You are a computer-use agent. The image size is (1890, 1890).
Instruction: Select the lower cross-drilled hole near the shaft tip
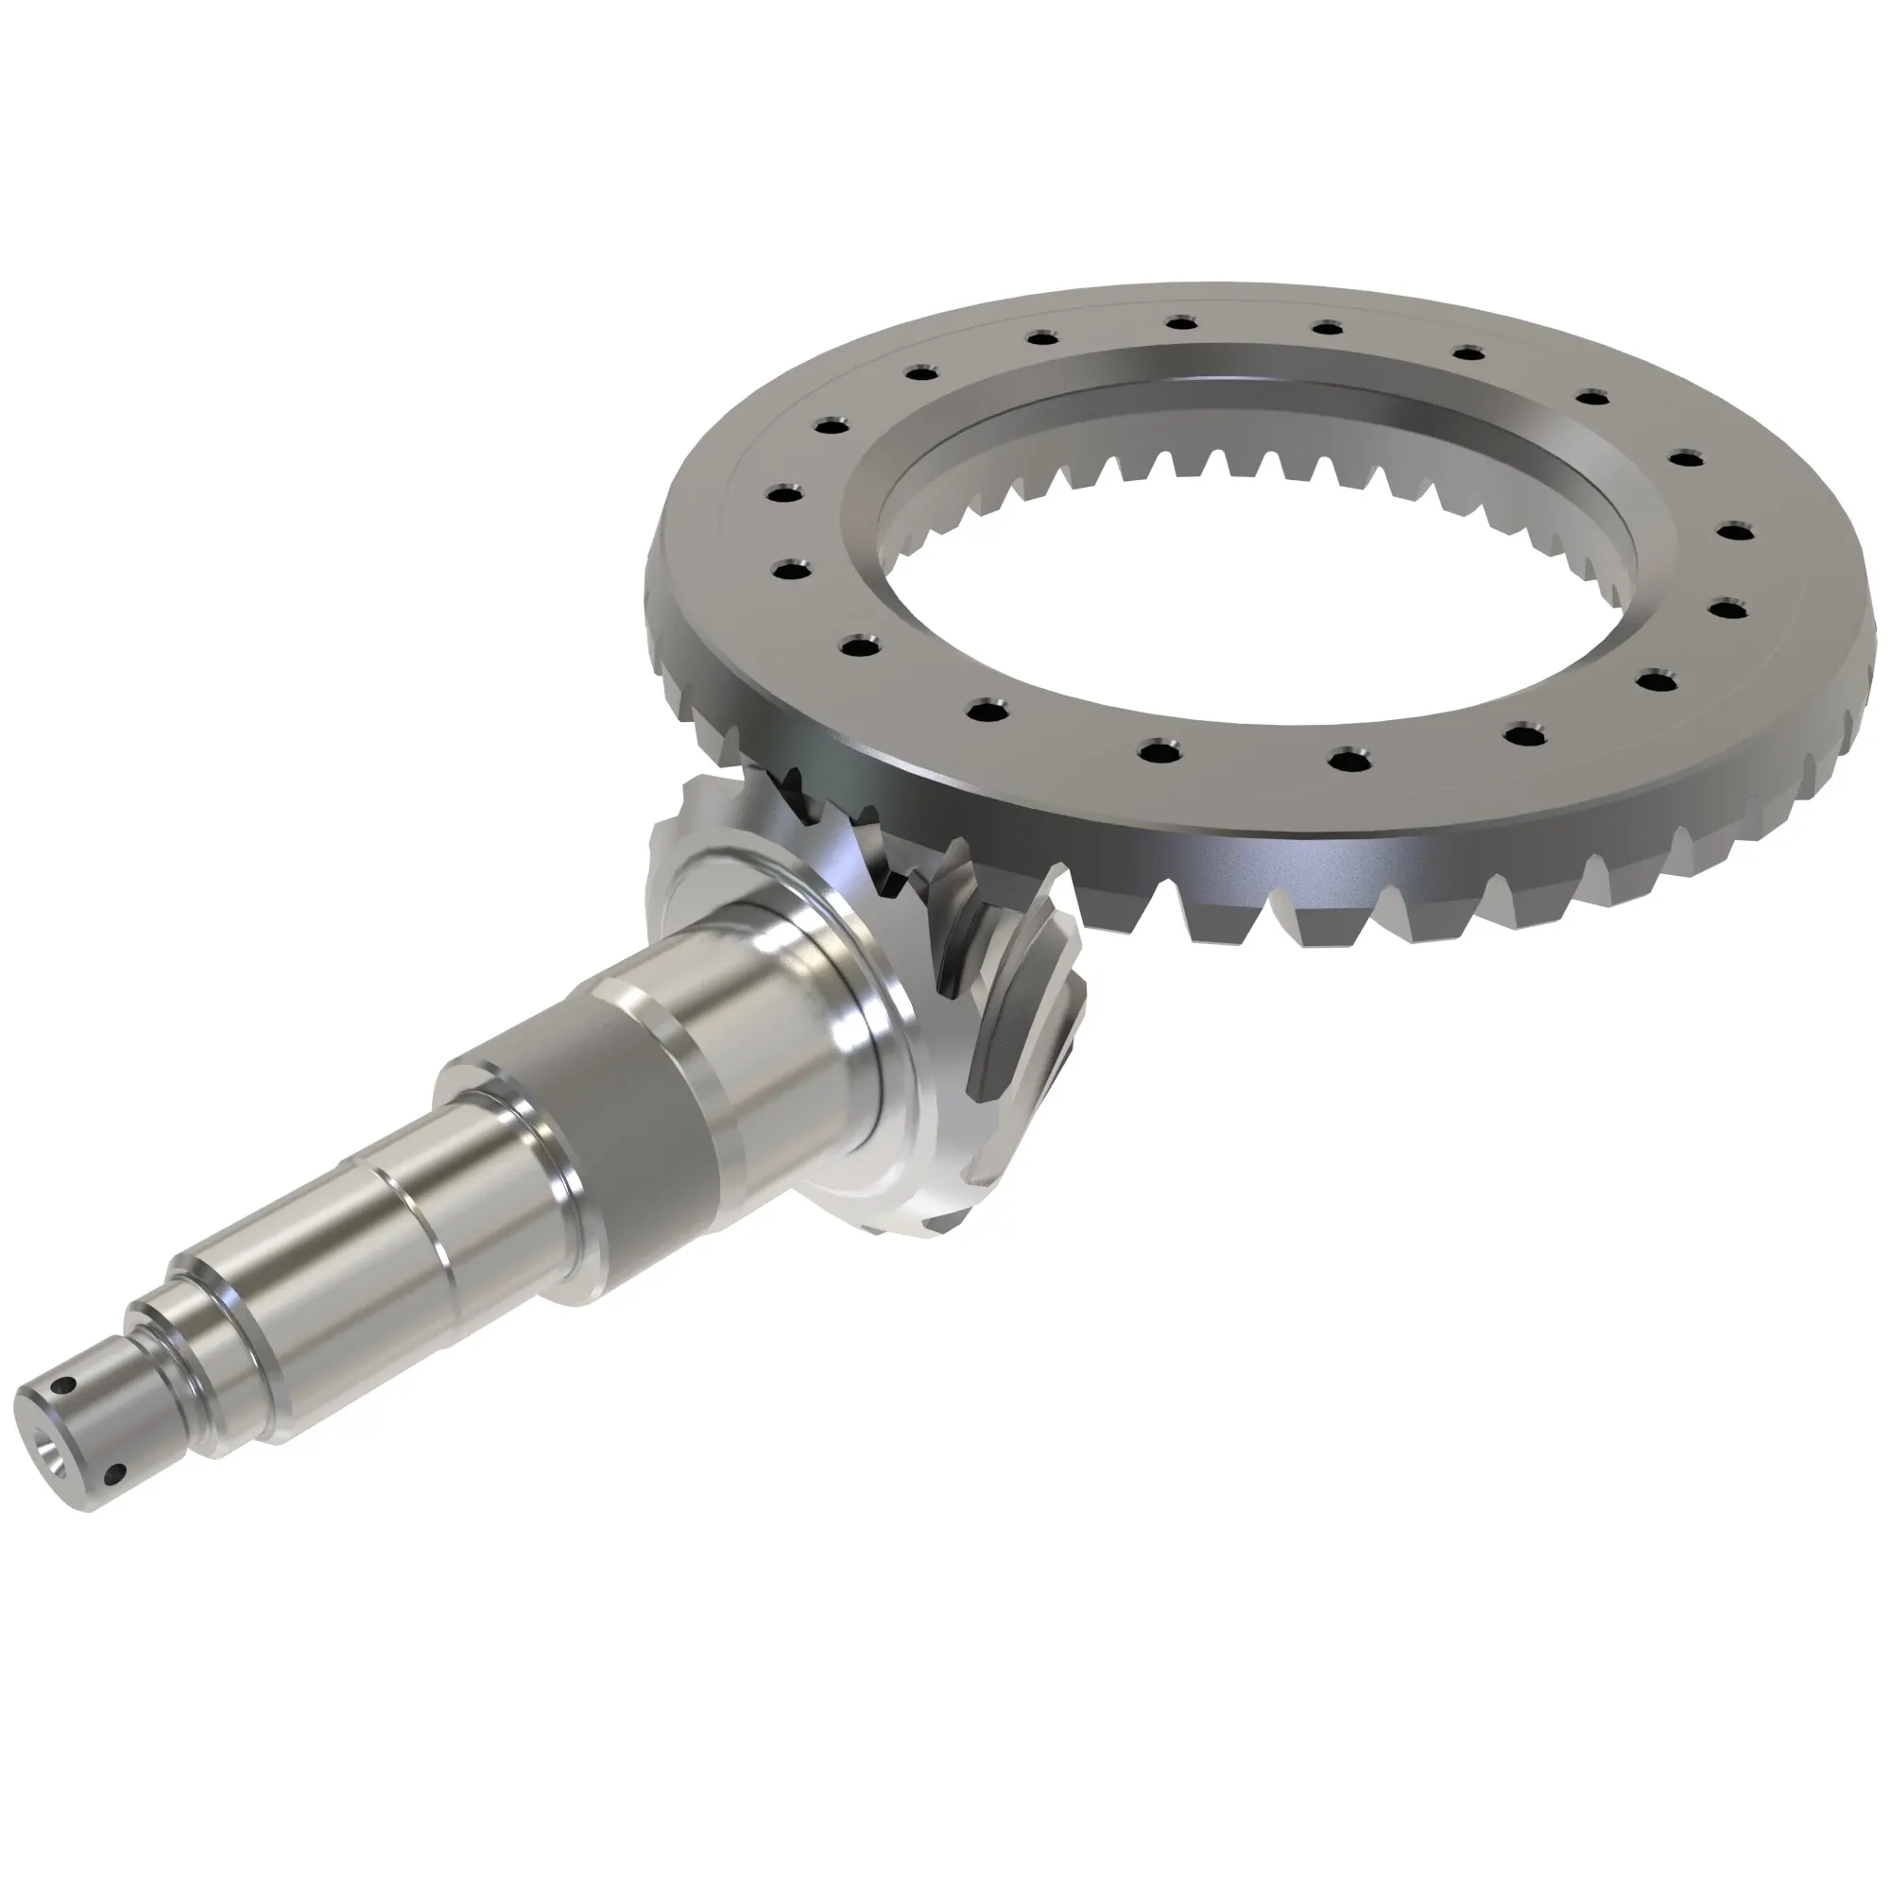click(x=118, y=1470)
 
